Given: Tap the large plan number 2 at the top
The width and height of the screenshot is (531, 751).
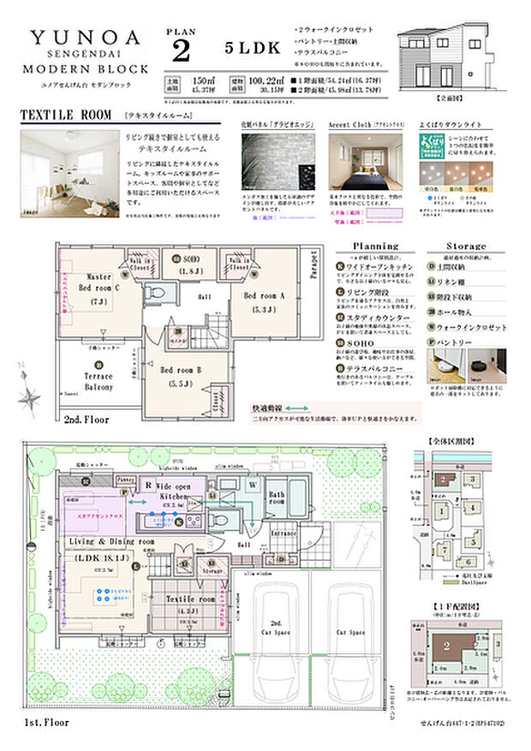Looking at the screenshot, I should pos(181,51).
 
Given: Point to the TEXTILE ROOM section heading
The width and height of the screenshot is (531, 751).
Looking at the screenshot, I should pos(68,114).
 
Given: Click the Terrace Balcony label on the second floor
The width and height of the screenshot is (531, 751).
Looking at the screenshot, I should pos(98,380).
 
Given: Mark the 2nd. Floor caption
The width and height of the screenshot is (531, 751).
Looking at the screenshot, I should pos(86,420).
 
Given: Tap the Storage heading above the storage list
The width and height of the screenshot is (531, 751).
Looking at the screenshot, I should pos(465,246).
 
